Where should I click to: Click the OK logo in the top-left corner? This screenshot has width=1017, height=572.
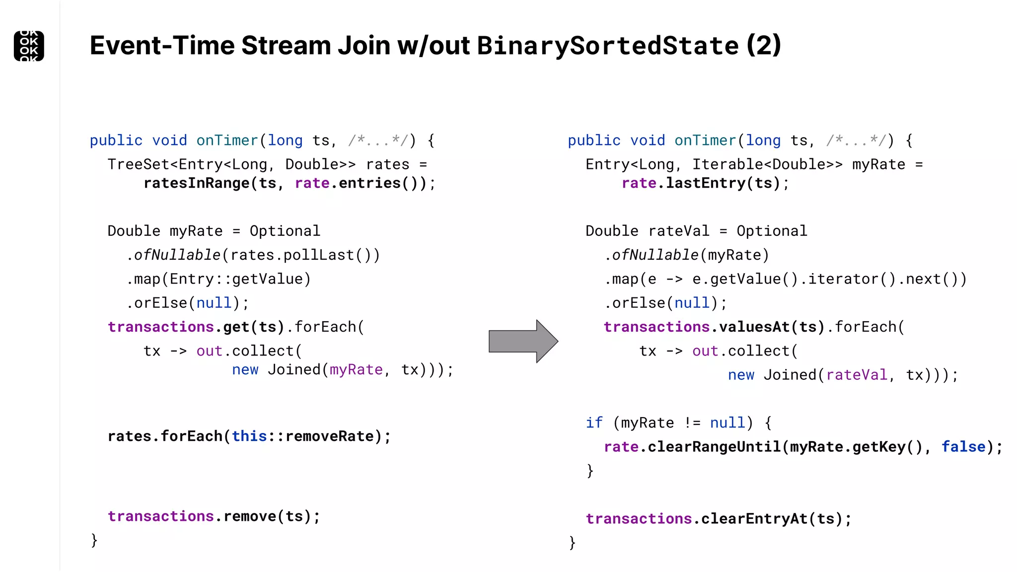tap(29, 46)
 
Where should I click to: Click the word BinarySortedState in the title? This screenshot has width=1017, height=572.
tap(608, 46)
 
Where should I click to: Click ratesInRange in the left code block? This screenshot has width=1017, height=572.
tap(197, 183)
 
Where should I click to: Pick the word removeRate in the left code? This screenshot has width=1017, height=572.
tap(329, 436)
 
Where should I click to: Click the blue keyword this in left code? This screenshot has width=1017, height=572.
tap(249, 436)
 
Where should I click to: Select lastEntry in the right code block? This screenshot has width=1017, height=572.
tap(706, 183)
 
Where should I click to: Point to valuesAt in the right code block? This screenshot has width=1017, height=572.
tap(754, 327)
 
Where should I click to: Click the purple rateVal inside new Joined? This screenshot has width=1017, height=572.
tap(857, 375)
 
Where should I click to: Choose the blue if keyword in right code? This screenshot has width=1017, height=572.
tap(594, 423)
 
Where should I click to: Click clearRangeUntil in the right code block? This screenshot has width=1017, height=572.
tap(714, 447)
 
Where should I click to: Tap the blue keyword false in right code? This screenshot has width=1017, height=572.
tap(963, 447)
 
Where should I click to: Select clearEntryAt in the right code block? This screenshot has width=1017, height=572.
tap(754, 519)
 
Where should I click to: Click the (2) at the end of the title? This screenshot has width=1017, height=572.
tap(764, 46)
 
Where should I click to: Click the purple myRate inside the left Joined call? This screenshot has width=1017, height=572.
tap(356, 370)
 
